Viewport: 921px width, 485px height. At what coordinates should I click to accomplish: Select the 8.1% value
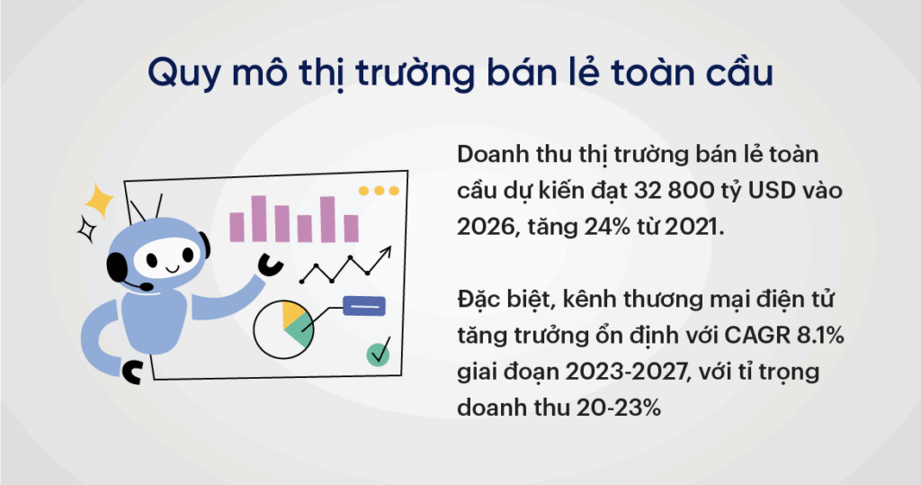pos(820,335)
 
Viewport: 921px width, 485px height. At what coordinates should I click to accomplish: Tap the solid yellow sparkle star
pos(99,201)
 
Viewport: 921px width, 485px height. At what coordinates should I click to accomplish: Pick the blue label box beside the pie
pos(364,306)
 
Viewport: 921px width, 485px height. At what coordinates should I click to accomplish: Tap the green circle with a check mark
pos(378,355)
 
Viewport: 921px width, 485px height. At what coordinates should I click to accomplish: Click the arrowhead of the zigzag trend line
pos(385,253)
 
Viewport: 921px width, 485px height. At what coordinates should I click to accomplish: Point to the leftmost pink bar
pos(237,227)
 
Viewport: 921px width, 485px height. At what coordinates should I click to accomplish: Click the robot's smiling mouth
pos(172,269)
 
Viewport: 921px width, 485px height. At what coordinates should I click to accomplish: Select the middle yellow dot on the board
pos(379,191)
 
